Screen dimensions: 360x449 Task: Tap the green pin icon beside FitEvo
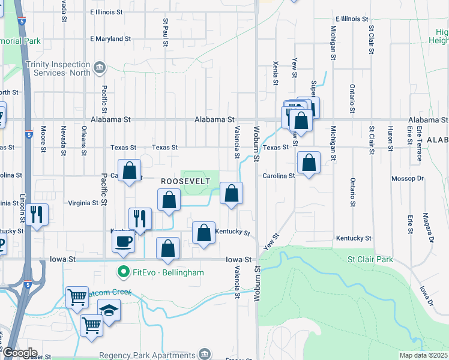pos(124,272)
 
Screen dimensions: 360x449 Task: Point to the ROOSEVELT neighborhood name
pos(185,181)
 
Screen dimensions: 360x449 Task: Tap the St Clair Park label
pos(370,260)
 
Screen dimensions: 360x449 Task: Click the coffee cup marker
pos(124,241)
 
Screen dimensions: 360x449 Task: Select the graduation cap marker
pos(109,310)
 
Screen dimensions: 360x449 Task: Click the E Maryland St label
pos(110,39)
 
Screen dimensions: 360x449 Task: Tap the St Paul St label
pos(166,31)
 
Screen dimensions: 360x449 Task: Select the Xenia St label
pos(275,72)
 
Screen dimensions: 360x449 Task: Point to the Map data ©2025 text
pos(423,355)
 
